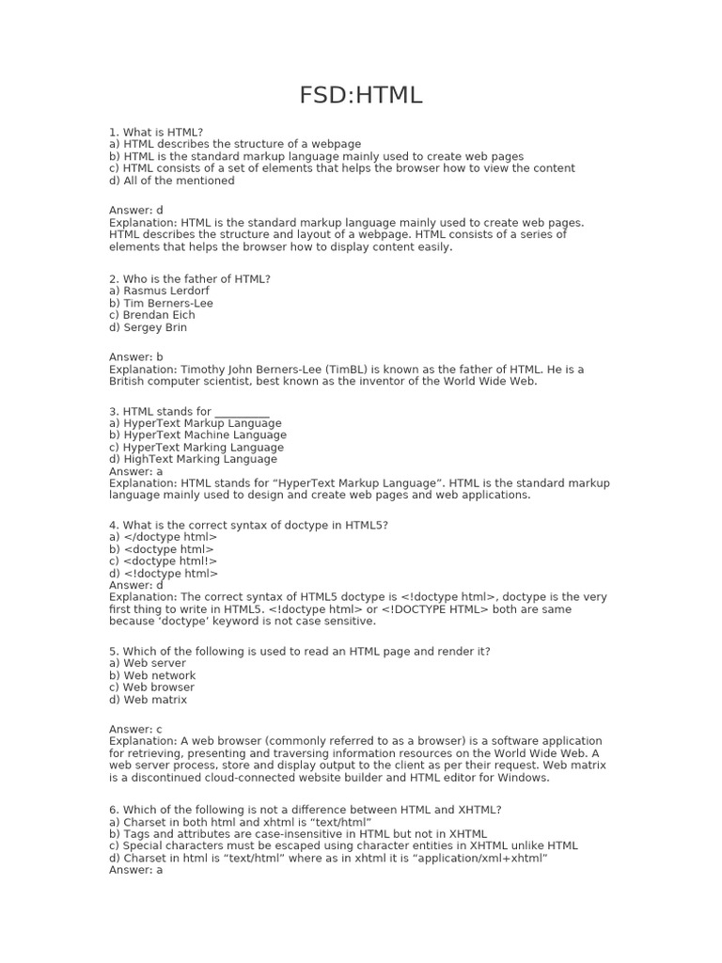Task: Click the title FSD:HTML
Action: coord(361,95)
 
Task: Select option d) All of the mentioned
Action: coord(172,181)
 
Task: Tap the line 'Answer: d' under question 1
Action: coord(136,211)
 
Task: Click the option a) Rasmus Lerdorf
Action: coord(159,292)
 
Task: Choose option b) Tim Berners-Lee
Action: coord(161,304)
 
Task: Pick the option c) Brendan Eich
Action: coord(152,315)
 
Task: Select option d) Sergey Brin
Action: coord(148,327)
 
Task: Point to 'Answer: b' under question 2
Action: coord(136,357)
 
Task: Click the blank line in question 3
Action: coord(242,412)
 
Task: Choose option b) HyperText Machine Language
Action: coord(197,435)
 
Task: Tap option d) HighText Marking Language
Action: coord(193,459)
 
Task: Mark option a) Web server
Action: coord(148,663)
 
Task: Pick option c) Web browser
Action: coord(151,687)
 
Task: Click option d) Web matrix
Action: coord(148,700)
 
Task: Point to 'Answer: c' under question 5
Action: coord(136,729)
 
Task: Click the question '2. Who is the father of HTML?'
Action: coord(190,279)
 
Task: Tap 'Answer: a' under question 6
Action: coord(136,871)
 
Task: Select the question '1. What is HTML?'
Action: coord(156,133)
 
